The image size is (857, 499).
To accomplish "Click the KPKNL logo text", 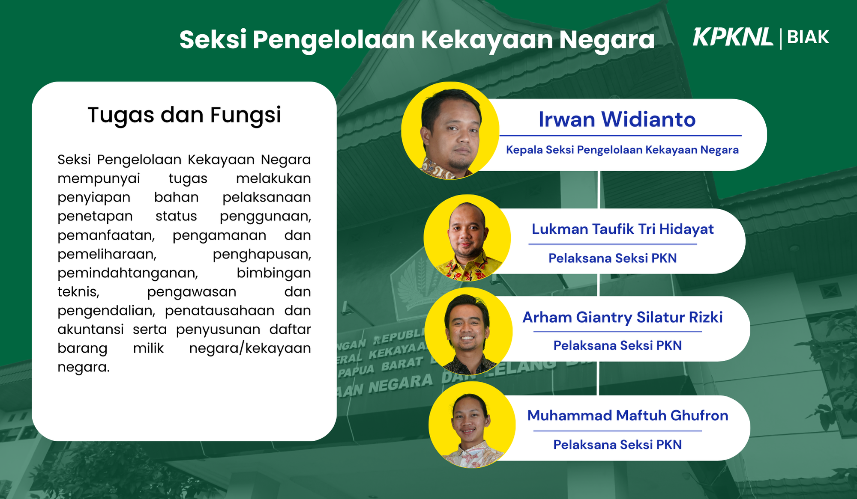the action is coord(733,37).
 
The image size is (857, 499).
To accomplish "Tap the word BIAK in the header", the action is coord(808,37).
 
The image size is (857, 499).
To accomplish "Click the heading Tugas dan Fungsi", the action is coord(184,115).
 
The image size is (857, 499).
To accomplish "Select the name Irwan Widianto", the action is coord(617,119).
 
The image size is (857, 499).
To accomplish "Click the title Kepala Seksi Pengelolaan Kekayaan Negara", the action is coord(622,150).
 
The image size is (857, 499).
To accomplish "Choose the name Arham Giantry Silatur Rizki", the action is coord(623,318).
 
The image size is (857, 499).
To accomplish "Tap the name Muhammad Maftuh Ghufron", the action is coord(628,416).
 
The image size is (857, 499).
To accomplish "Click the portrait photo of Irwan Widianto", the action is coord(450,131).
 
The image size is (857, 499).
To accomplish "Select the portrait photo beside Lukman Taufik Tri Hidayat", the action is coord(467,238).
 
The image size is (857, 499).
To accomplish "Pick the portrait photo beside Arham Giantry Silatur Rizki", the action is coord(469,331).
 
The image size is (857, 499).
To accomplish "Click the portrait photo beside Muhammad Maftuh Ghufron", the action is coord(472,425).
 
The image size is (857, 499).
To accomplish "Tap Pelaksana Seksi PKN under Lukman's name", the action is coord(613,258).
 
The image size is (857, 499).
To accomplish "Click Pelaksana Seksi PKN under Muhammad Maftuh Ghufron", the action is coord(617,445).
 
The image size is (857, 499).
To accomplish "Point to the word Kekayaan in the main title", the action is coord(487,40).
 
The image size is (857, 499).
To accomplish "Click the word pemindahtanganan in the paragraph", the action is coord(128,273).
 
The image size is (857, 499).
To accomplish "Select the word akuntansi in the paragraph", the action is coord(91,329).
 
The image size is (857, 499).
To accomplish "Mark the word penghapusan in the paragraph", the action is coord(262,254).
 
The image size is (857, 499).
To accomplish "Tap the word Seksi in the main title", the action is coord(213,39).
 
